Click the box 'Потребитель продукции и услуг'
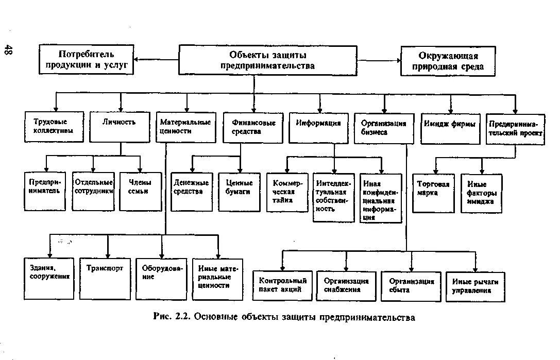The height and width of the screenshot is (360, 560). (x=86, y=60)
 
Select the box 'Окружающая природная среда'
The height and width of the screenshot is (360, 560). (x=448, y=61)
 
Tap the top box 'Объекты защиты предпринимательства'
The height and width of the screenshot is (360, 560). (x=268, y=60)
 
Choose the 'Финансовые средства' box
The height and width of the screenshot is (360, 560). (x=253, y=127)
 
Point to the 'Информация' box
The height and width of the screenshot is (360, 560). (x=319, y=127)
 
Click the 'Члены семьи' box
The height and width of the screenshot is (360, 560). (x=139, y=190)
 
